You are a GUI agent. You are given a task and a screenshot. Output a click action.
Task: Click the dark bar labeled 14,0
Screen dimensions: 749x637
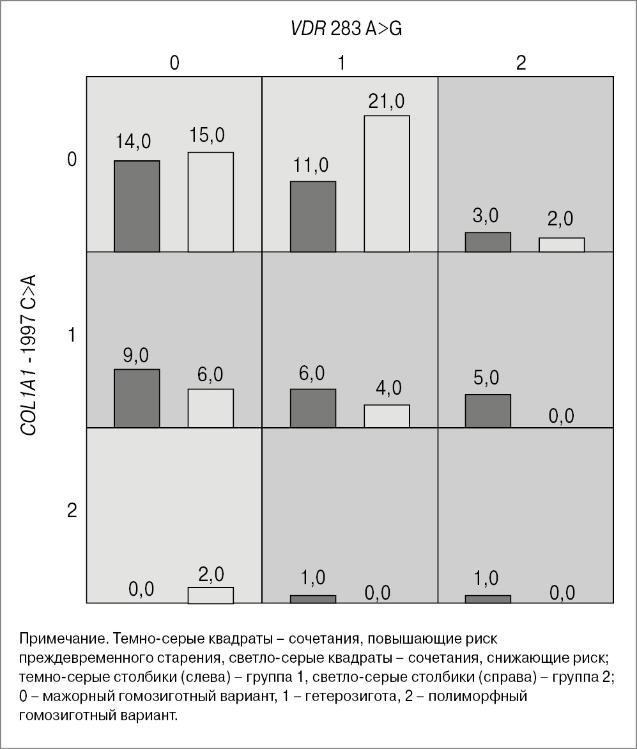tap(137, 206)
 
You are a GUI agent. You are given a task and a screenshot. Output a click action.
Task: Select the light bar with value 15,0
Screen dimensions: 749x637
tap(210, 202)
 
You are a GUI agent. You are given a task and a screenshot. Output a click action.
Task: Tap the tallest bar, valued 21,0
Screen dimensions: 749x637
tap(387, 183)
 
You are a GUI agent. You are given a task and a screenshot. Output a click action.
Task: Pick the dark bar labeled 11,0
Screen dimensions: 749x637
tap(313, 216)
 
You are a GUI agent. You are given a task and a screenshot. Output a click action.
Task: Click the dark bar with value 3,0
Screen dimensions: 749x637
tap(487, 242)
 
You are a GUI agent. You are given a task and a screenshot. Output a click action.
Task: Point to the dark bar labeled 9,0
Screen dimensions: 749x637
tap(137, 398)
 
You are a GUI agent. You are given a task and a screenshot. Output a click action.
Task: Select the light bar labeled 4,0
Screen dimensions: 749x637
tap(387, 416)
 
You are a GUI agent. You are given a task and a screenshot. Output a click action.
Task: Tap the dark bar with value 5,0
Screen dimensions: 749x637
tap(487, 411)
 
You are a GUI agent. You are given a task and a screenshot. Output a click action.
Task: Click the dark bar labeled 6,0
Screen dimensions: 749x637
tap(313, 407)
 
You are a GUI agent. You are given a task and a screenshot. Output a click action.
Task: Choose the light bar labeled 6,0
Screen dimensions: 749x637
tap(210, 407)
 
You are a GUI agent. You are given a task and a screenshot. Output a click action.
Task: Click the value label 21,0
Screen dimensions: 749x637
tap(386, 101)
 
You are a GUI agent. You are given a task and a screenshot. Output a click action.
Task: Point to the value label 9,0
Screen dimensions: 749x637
tap(136, 355)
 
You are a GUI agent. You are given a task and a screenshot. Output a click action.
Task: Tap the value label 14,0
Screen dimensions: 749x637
tap(137, 142)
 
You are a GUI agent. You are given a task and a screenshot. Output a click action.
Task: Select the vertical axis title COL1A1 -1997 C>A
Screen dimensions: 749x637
tap(29, 354)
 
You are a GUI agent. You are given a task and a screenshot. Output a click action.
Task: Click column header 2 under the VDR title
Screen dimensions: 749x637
tap(521, 63)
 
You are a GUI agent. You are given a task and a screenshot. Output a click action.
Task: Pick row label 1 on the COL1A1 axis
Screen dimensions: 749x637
tap(72, 335)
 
